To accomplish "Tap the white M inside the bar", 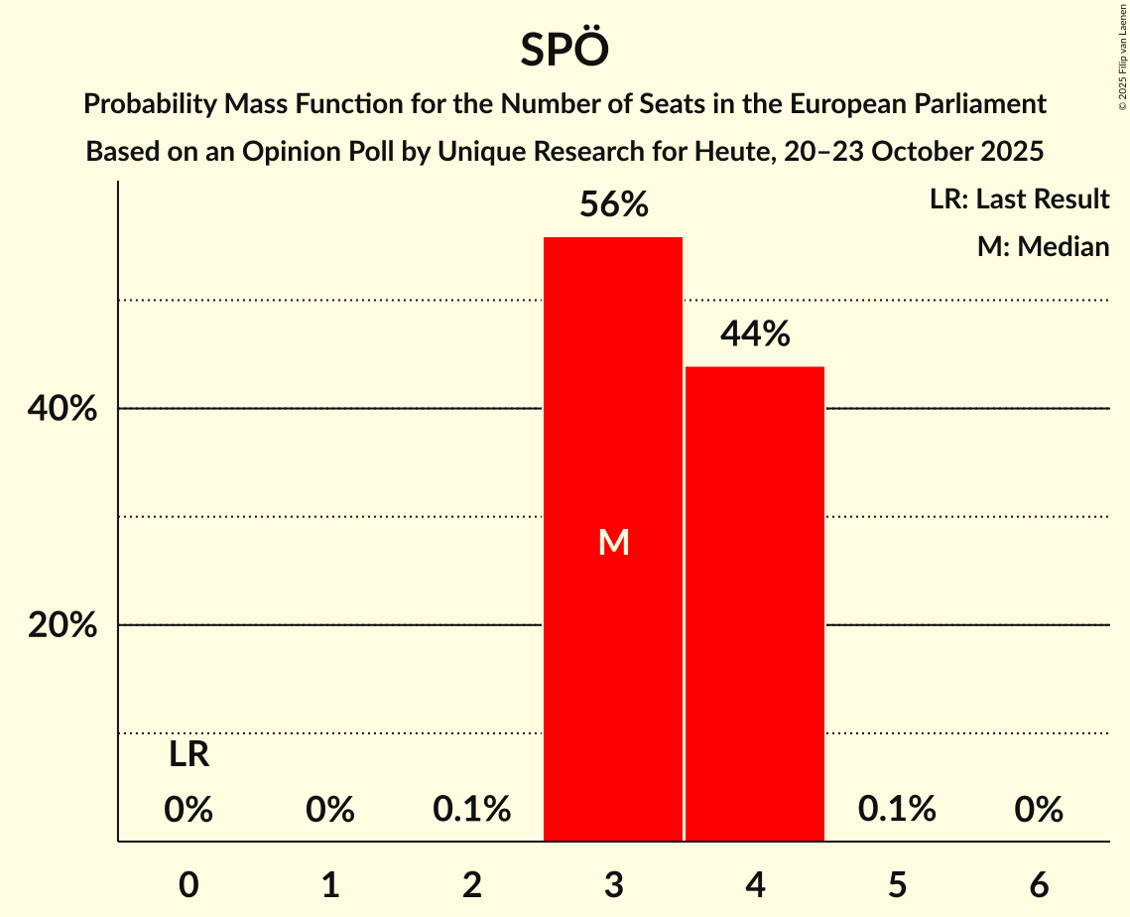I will tap(614, 542).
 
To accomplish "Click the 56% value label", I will tap(614, 205).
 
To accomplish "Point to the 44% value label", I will tap(755, 335).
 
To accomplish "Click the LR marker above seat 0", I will tap(188, 755).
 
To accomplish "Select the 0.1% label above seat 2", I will tap(472, 810).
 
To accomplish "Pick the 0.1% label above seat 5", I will tap(897, 810).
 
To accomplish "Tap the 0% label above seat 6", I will tap(1039, 810).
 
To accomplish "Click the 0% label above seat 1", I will tap(330, 810).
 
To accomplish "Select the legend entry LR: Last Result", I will tap(1019, 199).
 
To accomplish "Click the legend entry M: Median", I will tap(1043, 246).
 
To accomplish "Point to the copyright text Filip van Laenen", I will tap(1122, 56).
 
